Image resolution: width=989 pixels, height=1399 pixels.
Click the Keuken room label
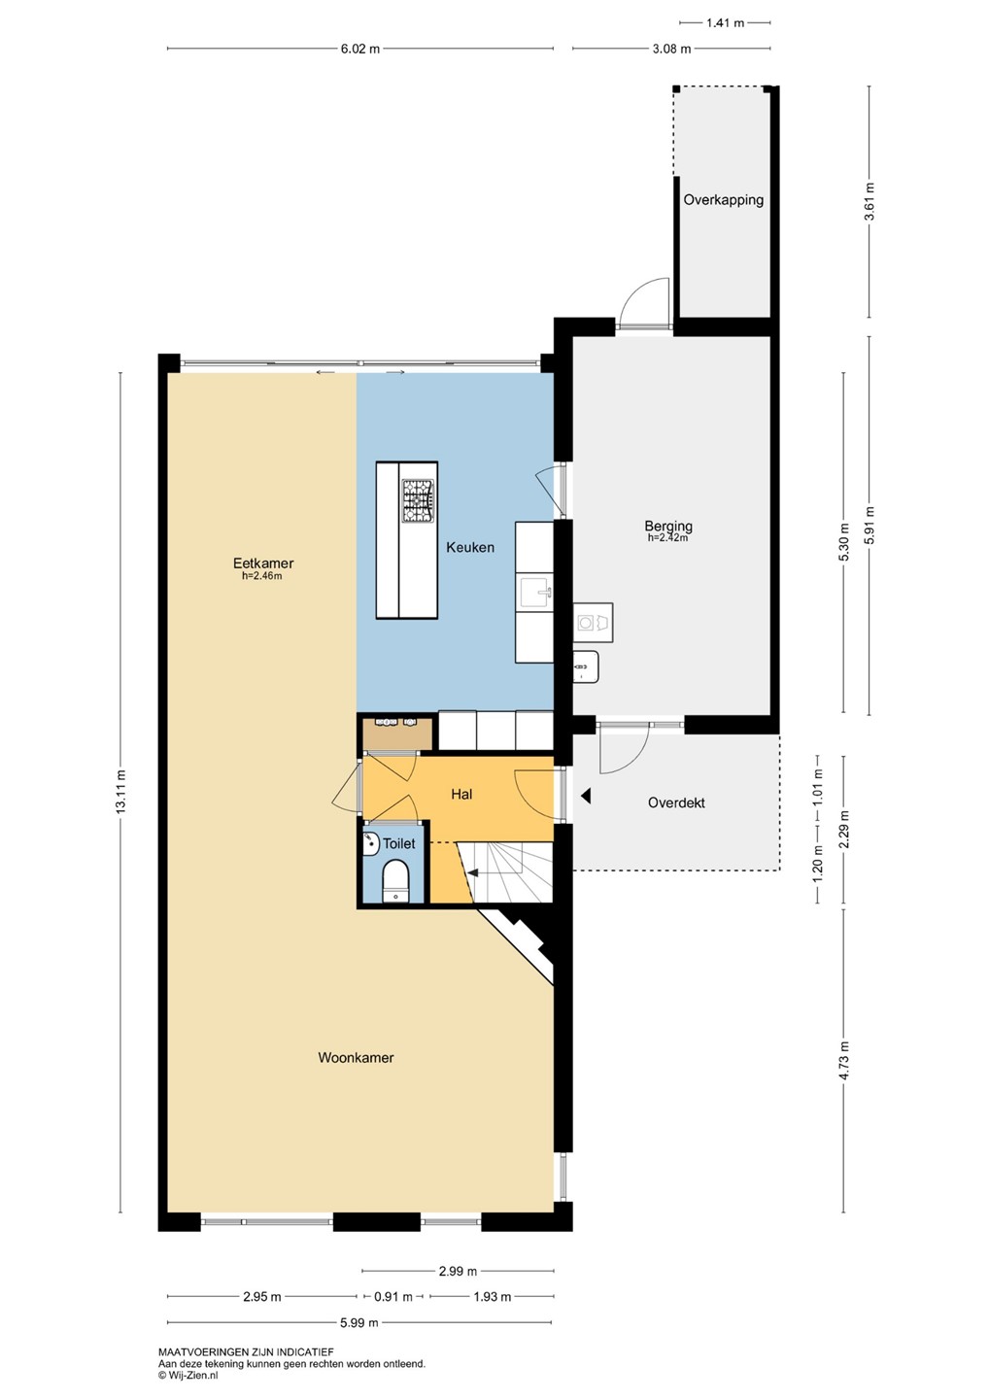click(x=469, y=547)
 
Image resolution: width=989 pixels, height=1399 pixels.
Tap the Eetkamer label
click(x=263, y=563)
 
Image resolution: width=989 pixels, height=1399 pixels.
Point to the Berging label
click(x=668, y=527)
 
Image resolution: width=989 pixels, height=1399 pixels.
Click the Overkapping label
click(x=723, y=200)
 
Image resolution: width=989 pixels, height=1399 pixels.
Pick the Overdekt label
click(x=676, y=802)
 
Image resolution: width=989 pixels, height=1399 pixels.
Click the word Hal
click(x=461, y=794)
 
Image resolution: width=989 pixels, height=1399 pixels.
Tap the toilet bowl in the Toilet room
click(x=394, y=880)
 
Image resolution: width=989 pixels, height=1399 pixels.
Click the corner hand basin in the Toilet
click(x=371, y=843)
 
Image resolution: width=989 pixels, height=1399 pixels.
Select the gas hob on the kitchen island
click(x=419, y=500)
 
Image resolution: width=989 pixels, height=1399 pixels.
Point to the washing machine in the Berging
click(x=593, y=622)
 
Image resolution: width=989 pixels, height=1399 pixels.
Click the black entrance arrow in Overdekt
click(x=585, y=796)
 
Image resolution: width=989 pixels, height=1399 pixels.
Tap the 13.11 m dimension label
click(x=120, y=791)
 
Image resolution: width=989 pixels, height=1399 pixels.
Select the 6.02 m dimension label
click(x=360, y=49)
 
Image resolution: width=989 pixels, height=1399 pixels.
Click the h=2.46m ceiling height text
click(x=262, y=576)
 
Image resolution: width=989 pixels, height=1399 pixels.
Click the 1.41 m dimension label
click(x=725, y=23)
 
